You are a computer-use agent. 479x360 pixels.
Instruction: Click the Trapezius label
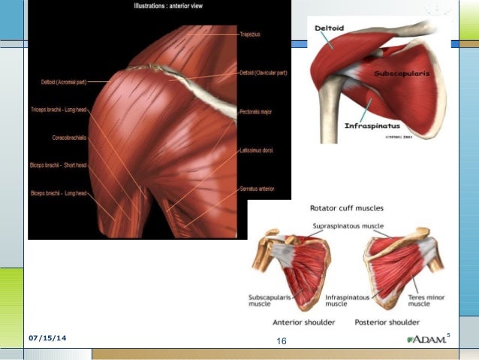[x=249, y=34]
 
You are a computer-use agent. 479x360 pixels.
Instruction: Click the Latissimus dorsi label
[x=256, y=150]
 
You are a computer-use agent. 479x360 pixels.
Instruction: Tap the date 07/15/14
[x=47, y=338]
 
